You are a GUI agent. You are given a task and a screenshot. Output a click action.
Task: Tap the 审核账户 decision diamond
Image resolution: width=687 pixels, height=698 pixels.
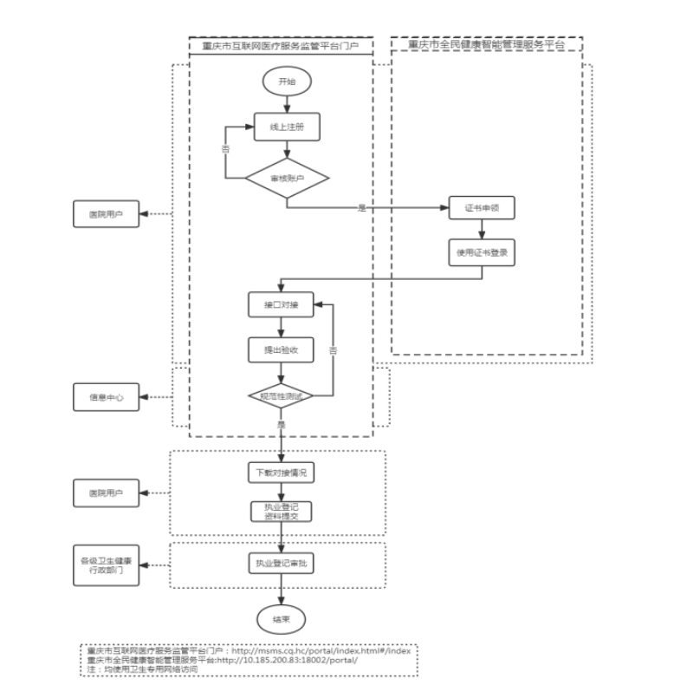(286, 179)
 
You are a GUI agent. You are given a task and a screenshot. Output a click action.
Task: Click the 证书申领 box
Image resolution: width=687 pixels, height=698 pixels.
(480, 210)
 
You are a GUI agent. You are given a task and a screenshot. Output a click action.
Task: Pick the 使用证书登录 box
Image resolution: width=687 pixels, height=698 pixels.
(480, 252)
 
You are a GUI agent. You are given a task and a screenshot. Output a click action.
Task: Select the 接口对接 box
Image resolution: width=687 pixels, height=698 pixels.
(280, 306)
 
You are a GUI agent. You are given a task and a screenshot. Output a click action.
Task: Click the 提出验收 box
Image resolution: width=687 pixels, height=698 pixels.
(280, 349)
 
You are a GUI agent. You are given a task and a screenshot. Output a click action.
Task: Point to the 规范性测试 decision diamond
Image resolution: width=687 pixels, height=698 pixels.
(280, 396)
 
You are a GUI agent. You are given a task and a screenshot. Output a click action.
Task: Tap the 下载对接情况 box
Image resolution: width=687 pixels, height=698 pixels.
(280, 473)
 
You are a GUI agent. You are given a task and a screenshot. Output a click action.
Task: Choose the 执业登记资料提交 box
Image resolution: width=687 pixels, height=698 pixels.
(280, 512)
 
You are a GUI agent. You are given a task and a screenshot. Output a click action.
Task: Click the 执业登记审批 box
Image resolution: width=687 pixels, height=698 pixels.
(280, 563)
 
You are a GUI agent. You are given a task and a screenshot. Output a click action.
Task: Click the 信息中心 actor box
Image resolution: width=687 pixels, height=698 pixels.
(106, 398)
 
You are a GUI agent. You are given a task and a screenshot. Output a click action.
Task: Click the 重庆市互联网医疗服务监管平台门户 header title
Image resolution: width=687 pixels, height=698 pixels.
(281, 43)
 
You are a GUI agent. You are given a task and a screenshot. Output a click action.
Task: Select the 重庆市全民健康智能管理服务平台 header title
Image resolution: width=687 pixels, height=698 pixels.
(484, 43)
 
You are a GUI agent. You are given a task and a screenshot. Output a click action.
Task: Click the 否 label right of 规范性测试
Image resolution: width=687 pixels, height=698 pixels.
(333, 349)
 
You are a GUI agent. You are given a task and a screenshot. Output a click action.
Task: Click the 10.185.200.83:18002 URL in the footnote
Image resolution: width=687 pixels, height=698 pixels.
(295, 660)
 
